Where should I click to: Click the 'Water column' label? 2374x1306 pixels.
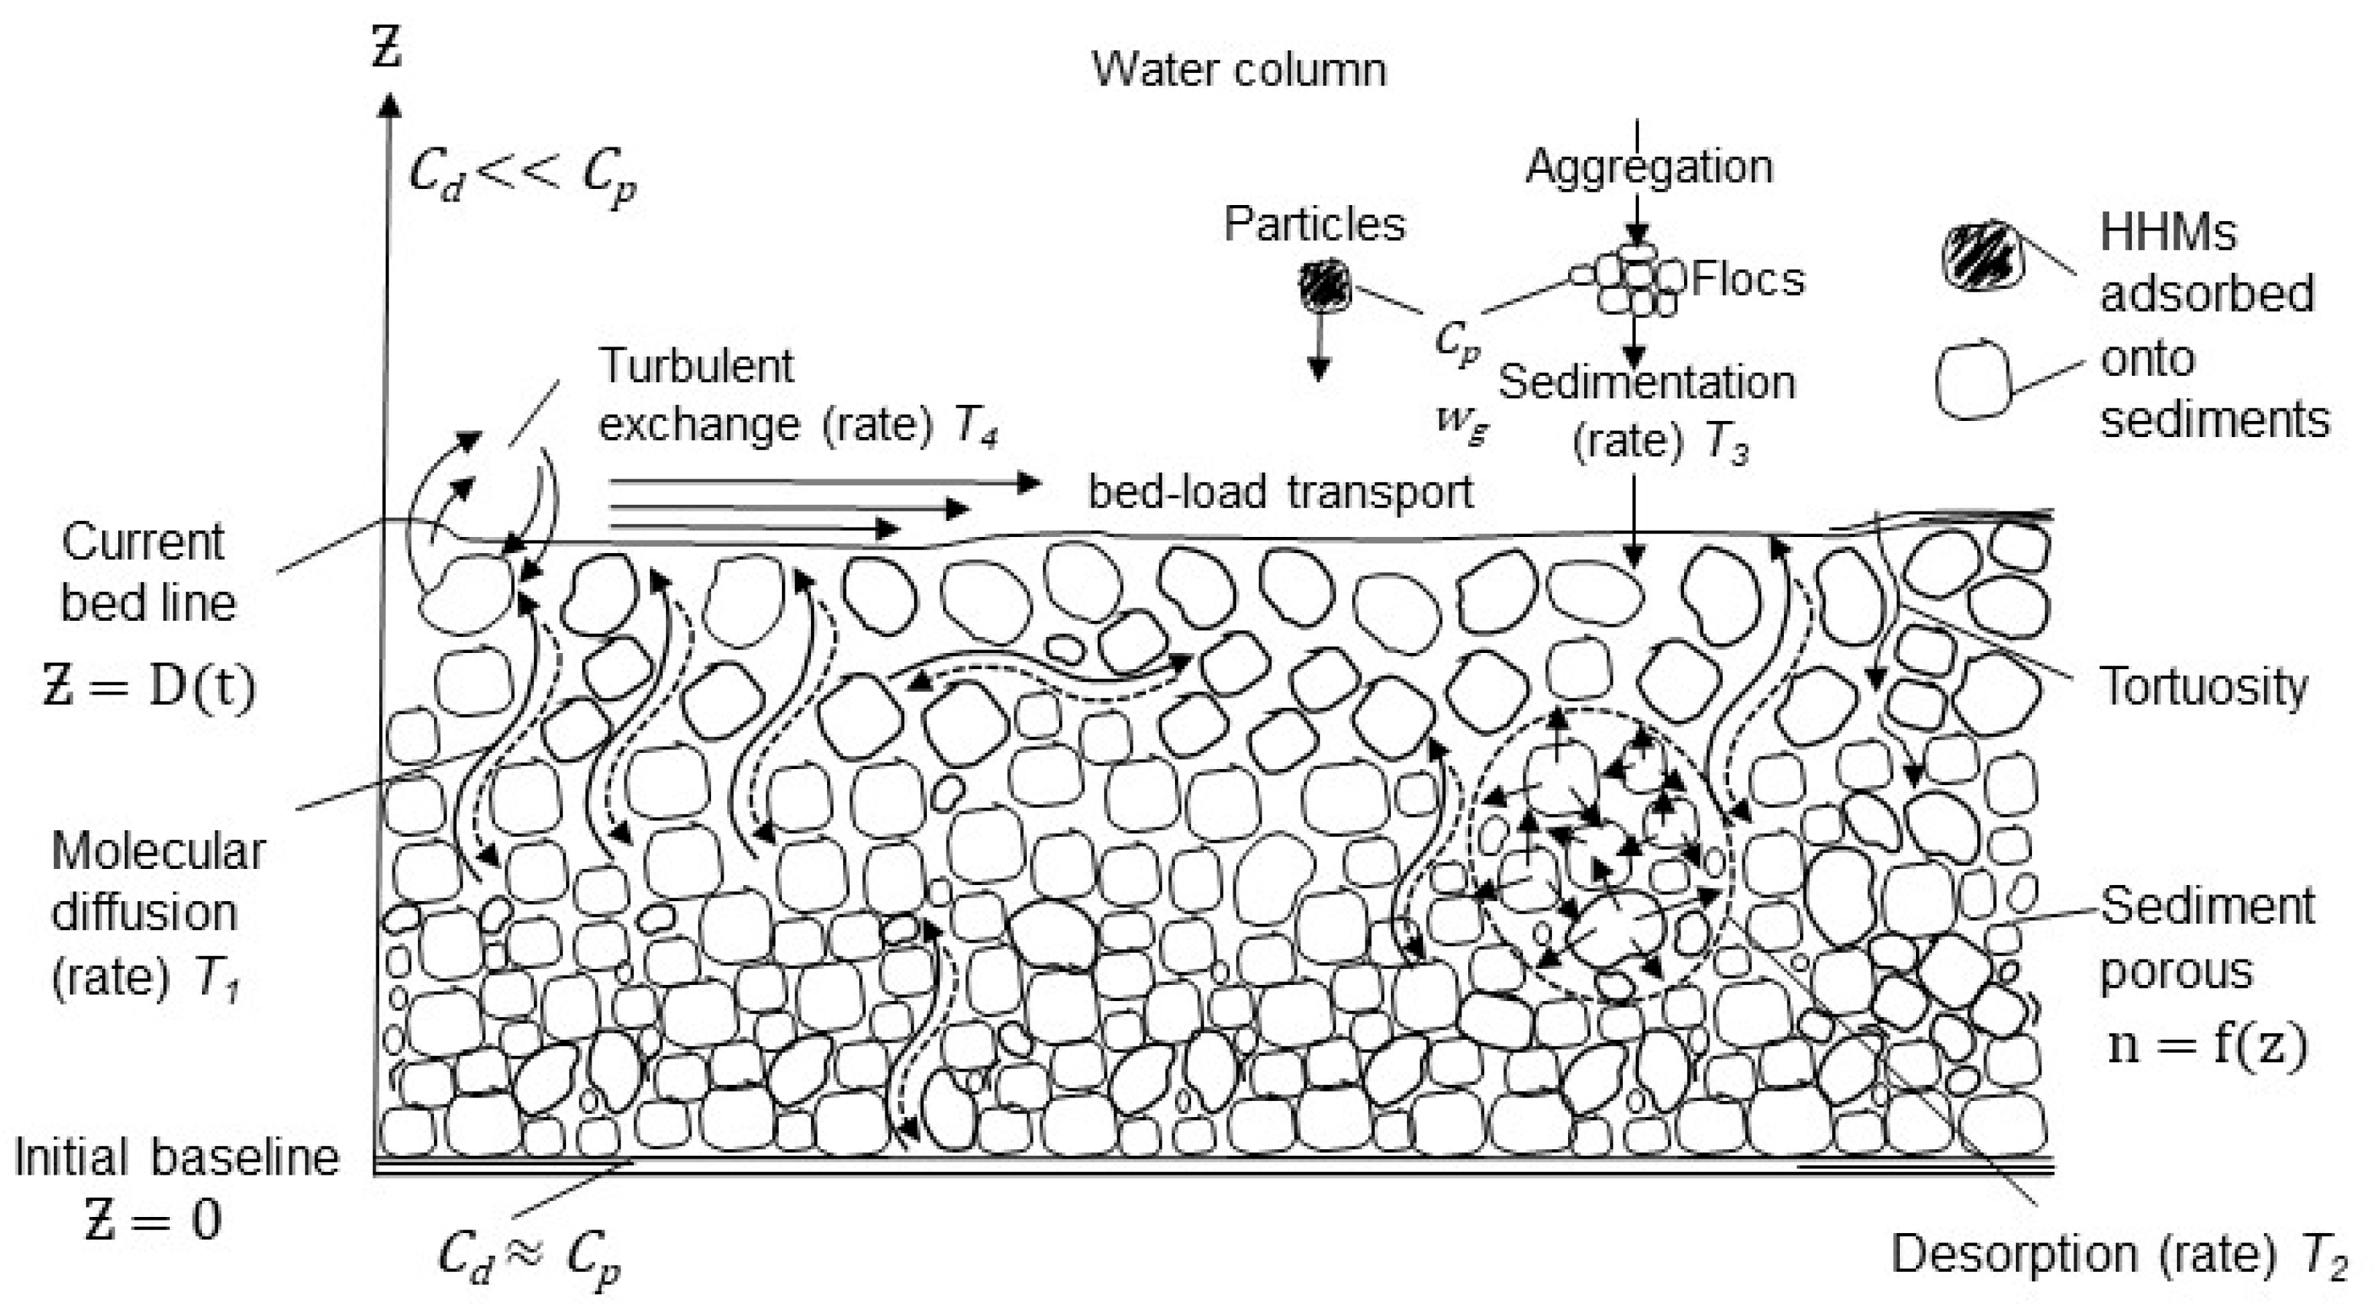1238,70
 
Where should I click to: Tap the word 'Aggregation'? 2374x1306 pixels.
1649,168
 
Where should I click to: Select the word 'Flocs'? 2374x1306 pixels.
1748,279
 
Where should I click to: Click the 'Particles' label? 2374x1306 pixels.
1314,224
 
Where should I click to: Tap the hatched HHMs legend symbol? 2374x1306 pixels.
1982,255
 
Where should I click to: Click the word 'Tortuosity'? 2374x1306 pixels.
2203,687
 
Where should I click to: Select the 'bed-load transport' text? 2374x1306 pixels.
1280,492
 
